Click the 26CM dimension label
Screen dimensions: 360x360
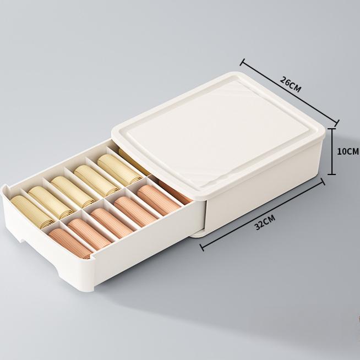(290, 84)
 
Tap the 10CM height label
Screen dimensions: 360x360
(347, 151)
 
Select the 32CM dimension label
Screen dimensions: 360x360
(265, 222)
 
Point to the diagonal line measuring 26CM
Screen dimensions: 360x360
(290, 92)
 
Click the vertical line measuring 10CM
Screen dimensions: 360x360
(331, 151)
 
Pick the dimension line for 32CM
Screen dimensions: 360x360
(262, 215)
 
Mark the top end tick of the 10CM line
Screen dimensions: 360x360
(331, 129)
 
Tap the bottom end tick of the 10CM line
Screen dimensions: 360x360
(331, 174)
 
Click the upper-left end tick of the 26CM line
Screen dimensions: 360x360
(242, 62)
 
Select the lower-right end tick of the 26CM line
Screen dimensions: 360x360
(337, 123)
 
